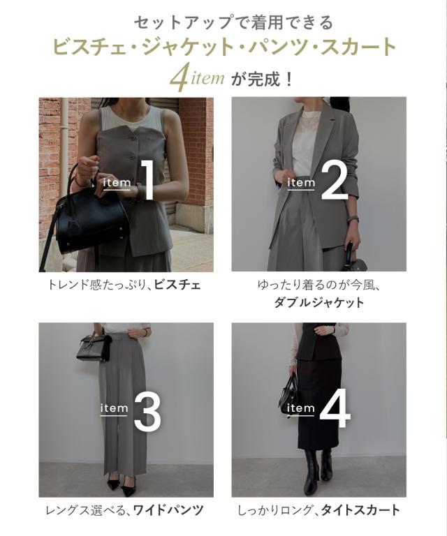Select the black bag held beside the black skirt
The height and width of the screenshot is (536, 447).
291,394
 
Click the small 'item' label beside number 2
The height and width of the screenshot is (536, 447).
301,182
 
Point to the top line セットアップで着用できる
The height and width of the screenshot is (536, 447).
223,22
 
